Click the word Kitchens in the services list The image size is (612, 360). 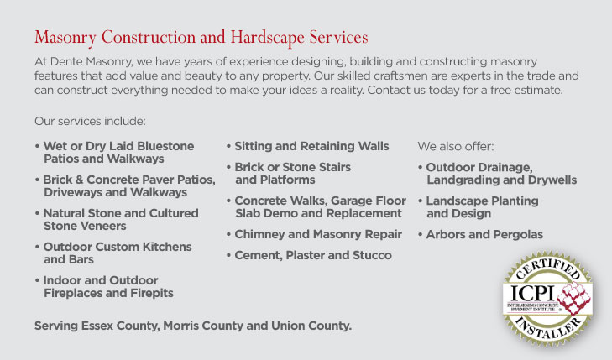coord(161,247)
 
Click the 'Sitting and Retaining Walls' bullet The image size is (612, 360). coord(311,146)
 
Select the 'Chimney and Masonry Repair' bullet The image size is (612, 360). coord(317,234)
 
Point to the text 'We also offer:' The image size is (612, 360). coord(456,146)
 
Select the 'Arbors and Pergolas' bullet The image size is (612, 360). coord(484,234)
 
